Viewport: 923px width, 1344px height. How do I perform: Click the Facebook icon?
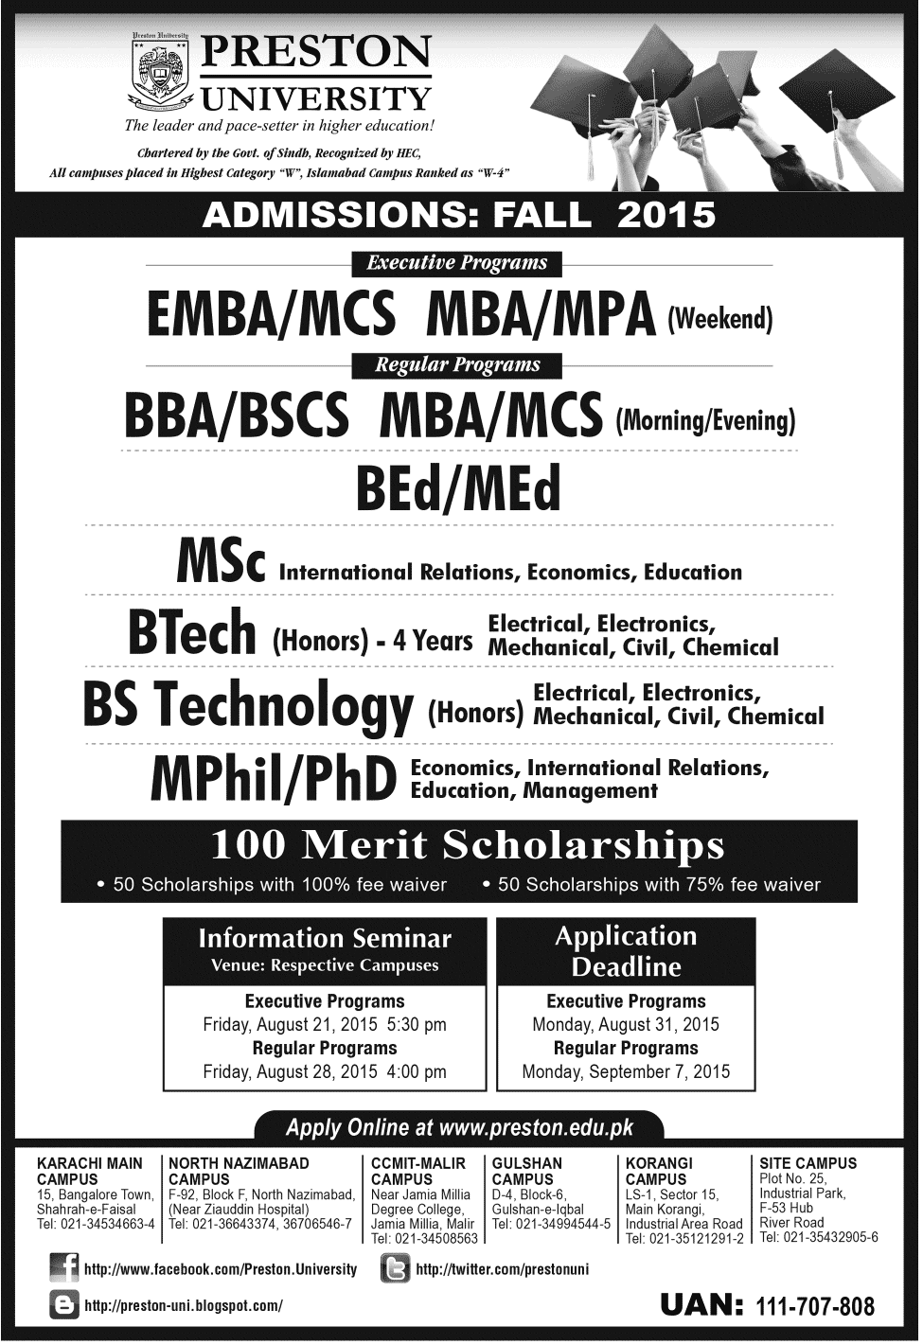(63, 1268)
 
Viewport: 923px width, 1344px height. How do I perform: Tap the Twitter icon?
(394, 1268)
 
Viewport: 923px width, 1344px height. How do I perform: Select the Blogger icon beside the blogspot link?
(63, 1305)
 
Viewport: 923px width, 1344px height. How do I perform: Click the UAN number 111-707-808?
(815, 1306)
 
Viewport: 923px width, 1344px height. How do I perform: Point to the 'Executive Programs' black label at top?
(457, 263)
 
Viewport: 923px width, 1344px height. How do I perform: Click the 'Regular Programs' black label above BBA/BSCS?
(457, 364)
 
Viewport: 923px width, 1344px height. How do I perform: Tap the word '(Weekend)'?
(719, 319)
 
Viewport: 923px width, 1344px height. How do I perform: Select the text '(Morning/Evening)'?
(704, 420)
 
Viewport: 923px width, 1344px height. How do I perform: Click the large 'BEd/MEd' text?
(458, 489)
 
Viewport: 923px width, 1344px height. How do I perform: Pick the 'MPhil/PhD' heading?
(273, 779)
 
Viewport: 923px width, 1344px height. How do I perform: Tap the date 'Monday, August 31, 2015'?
(626, 1024)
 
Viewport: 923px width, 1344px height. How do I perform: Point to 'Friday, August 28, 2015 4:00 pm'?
(325, 1071)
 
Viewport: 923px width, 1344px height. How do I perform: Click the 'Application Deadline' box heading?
(626, 951)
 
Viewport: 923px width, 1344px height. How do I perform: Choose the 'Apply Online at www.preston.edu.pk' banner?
(459, 1127)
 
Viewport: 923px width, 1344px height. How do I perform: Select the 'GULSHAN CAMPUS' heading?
(526, 1171)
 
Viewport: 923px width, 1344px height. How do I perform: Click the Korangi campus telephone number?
(684, 1238)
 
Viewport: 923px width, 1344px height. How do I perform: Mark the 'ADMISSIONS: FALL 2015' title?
(459, 215)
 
